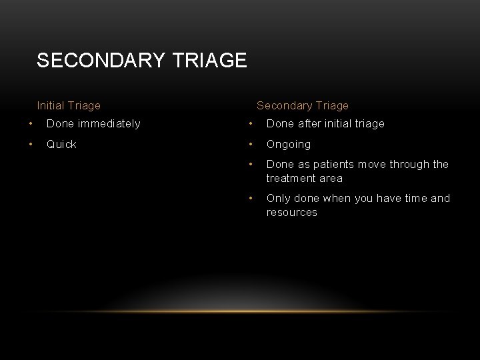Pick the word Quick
click(x=61, y=144)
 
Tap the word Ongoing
click(x=288, y=144)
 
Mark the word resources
click(x=292, y=212)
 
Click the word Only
click(x=277, y=198)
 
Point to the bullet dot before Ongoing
click(x=251, y=144)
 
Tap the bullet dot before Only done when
click(x=251, y=198)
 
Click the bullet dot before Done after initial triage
click(x=251, y=123)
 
